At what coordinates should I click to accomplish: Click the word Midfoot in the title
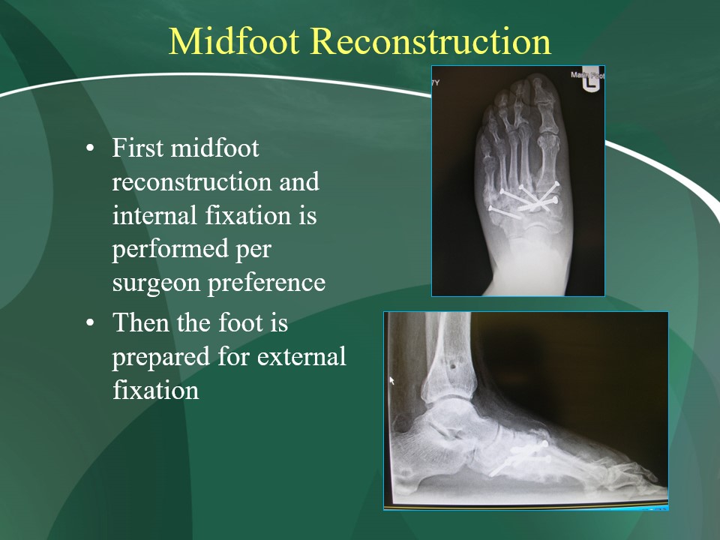[234, 41]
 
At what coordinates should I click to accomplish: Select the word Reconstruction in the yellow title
[430, 41]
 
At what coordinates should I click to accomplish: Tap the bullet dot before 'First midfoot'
[90, 148]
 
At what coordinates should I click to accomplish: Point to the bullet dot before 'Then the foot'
[90, 322]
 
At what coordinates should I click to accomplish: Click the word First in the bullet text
[137, 148]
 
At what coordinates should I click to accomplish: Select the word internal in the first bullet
[156, 215]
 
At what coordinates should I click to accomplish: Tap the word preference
[267, 283]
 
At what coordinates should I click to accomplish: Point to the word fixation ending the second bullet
[156, 390]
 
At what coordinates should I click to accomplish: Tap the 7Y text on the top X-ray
[436, 82]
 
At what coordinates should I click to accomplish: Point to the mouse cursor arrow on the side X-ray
[391, 381]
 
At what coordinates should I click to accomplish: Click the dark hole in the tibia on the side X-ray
[453, 367]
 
